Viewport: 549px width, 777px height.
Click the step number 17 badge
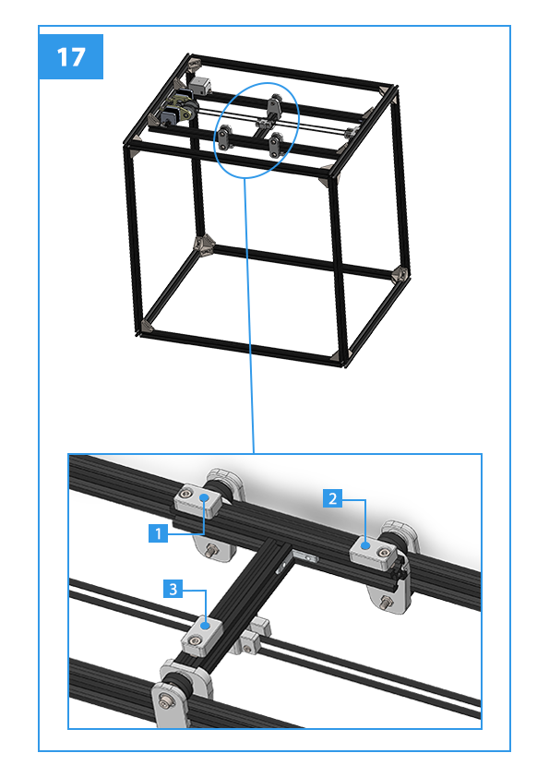click(71, 56)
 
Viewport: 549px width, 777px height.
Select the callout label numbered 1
click(158, 533)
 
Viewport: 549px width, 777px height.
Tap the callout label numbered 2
click(332, 498)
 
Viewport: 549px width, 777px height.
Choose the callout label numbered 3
click(173, 589)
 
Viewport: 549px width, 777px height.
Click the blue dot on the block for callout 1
click(204, 497)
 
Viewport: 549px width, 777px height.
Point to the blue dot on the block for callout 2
click(365, 545)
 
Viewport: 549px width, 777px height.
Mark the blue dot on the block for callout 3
click(206, 627)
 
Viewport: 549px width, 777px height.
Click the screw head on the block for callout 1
click(186, 492)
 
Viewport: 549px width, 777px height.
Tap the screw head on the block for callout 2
click(383, 553)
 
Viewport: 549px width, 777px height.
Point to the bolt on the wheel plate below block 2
click(385, 603)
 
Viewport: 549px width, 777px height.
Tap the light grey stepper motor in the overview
click(200, 86)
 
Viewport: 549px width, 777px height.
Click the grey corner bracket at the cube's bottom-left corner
click(146, 326)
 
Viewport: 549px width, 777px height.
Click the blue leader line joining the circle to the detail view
click(249, 316)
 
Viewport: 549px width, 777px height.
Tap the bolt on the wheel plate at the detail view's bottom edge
click(165, 700)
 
